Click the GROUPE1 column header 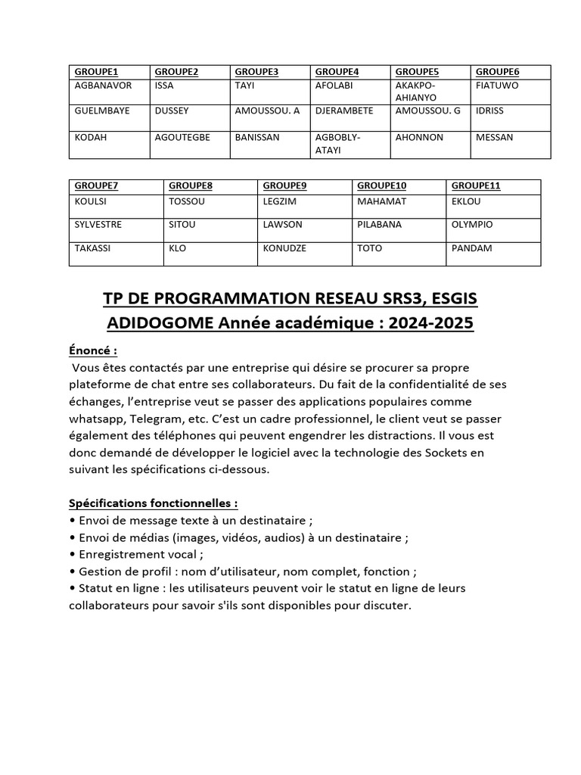tap(92, 72)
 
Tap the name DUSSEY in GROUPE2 tap(171, 110)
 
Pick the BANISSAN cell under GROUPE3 tap(257, 138)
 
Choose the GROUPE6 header tap(497, 72)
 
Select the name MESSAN tap(494, 138)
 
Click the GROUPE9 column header tap(285, 185)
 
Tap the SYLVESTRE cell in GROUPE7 tap(98, 225)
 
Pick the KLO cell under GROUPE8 tap(177, 248)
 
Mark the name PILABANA tap(379, 225)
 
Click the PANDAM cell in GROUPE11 tap(471, 248)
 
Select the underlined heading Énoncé tap(93, 350)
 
